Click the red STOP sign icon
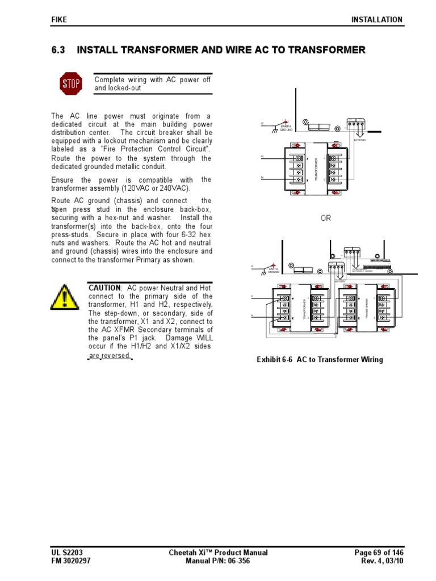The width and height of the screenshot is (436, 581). pos(71,84)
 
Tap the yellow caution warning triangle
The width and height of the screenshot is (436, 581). pos(64,297)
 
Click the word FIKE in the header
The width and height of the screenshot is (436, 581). pos(59,19)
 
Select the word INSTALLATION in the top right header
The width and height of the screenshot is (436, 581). pos(376,19)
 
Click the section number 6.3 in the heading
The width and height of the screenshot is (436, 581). pos(58,50)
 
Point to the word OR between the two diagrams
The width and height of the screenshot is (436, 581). pos(325,218)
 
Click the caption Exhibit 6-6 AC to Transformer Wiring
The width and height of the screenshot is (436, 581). pos(320,360)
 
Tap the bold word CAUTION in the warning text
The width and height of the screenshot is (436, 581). pos(104,288)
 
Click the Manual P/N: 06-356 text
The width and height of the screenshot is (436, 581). pos(218,561)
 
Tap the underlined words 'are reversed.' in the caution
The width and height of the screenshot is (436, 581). pos(110,356)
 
